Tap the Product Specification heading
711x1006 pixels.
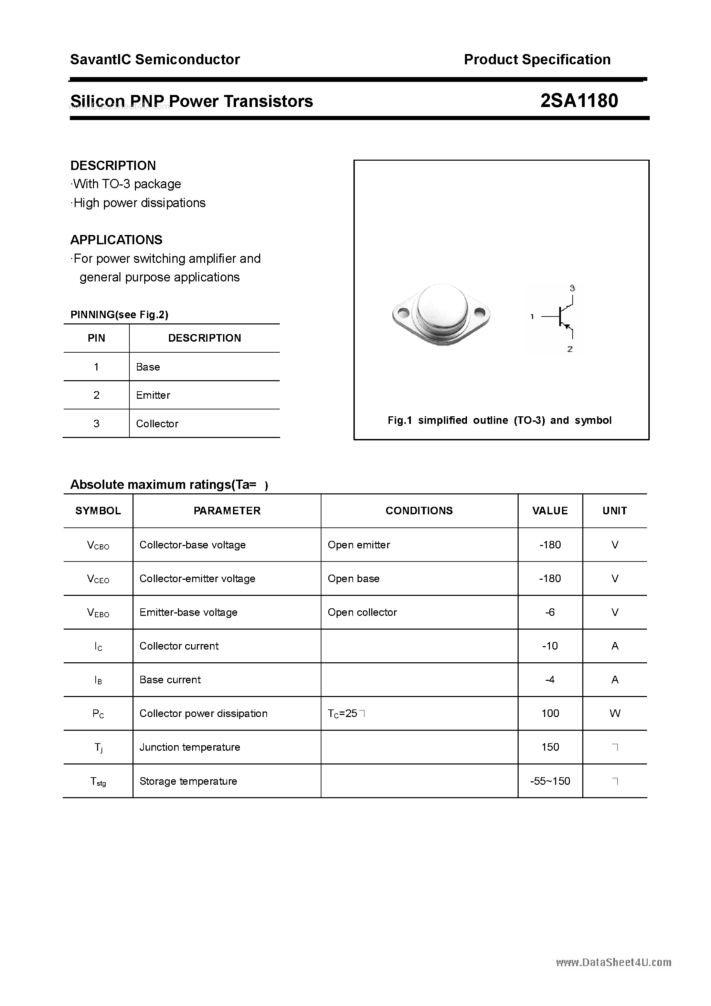pyautogui.click(x=537, y=60)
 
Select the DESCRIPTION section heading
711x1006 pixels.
pyautogui.click(x=113, y=165)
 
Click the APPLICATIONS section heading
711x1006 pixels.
pyautogui.click(x=116, y=240)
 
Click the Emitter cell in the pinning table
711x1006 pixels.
pyautogui.click(x=153, y=395)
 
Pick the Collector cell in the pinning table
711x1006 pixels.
pyautogui.click(x=157, y=424)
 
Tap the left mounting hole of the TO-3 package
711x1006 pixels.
pyautogui.click(x=404, y=313)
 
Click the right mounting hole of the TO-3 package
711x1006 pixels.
pyautogui.click(x=479, y=313)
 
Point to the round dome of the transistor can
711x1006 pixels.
pyautogui.click(x=442, y=307)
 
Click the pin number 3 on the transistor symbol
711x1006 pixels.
pyautogui.click(x=572, y=288)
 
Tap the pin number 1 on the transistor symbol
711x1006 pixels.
pyautogui.click(x=532, y=316)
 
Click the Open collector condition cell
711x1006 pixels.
pyautogui.click(x=362, y=612)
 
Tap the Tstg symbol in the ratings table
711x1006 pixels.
pyautogui.click(x=98, y=781)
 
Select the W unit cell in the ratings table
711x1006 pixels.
pyautogui.click(x=615, y=713)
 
